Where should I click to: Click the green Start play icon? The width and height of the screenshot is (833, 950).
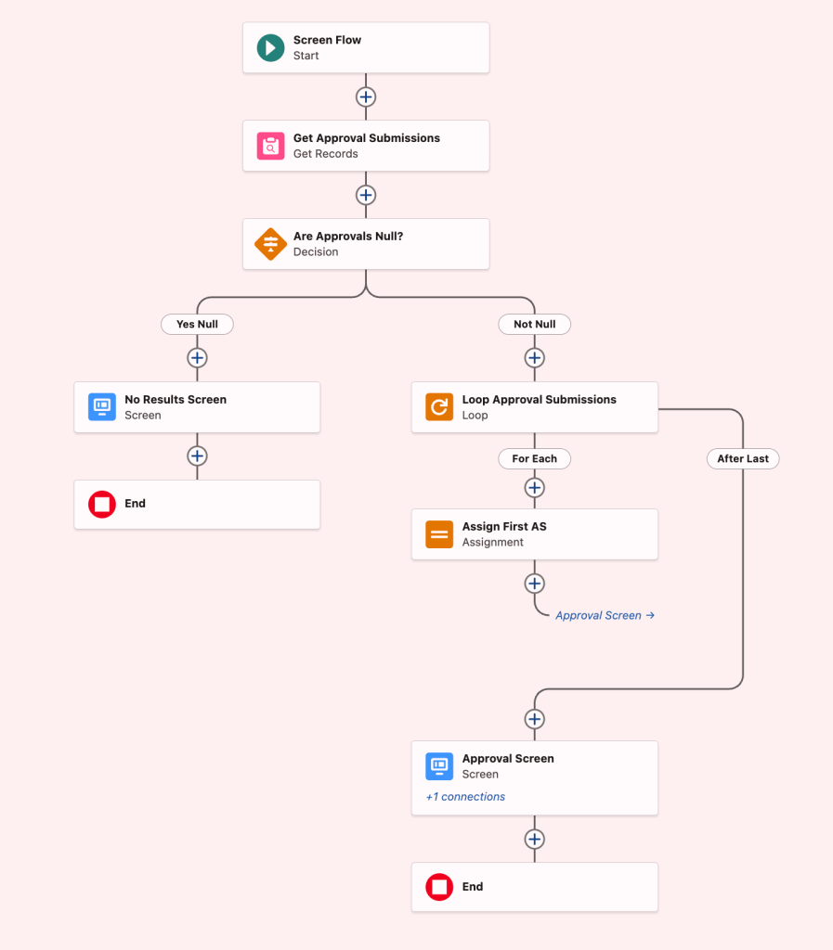[x=270, y=48]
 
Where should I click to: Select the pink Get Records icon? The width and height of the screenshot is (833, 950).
[x=270, y=146]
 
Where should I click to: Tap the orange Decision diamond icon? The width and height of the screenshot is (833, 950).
[x=270, y=244]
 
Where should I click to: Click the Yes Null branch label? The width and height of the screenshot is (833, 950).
[x=197, y=324]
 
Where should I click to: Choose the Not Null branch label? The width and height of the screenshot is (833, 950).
[x=534, y=324]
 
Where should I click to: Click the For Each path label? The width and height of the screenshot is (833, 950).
[x=534, y=458]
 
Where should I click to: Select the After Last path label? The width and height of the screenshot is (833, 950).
[x=743, y=458]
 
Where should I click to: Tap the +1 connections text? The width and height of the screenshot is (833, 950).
[x=465, y=797]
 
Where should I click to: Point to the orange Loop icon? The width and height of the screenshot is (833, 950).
[x=439, y=407]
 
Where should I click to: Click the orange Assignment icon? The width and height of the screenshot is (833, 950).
[x=439, y=534]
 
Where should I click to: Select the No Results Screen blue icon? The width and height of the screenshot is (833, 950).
[x=102, y=407]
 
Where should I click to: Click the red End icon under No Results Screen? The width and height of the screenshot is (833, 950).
[x=102, y=504]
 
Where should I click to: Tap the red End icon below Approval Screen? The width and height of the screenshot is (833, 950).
[x=439, y=887]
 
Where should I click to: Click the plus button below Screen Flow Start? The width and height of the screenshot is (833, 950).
[x=366, y=96]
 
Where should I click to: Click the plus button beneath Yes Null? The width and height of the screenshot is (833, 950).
[x=197, y=358]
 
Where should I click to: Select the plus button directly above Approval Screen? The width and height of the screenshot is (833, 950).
[x=534, y=719]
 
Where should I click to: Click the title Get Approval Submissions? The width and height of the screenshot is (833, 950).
[x=367, y=138]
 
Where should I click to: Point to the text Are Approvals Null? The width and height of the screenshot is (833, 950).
[x=348, y=237]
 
